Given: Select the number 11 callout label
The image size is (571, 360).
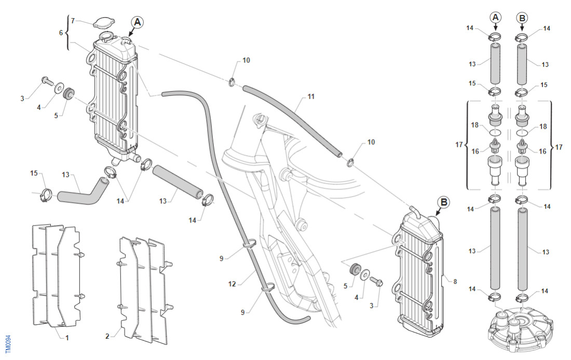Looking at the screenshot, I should click(x=311, y=96).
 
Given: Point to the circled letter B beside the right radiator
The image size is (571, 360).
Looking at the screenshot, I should click(x=444, y=202).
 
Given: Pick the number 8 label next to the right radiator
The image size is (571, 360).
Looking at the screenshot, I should click(x=455, y=282).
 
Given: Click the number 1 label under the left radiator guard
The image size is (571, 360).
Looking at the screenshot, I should click(x=67, y=337).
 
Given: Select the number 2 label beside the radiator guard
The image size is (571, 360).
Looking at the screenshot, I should click(x=107, y=336).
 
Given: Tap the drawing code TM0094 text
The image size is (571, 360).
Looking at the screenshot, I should click(x=7, y=343).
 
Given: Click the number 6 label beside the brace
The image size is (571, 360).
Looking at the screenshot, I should click(x=61, y=32).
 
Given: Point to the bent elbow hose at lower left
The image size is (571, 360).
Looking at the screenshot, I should click(x=83, y=190).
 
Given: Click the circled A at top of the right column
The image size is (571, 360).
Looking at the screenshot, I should click(x=495, y=18).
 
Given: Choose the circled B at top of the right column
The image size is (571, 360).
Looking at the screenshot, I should click(x=522, y=18).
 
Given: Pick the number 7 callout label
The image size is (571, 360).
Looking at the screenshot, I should click(x=73, y=21).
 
